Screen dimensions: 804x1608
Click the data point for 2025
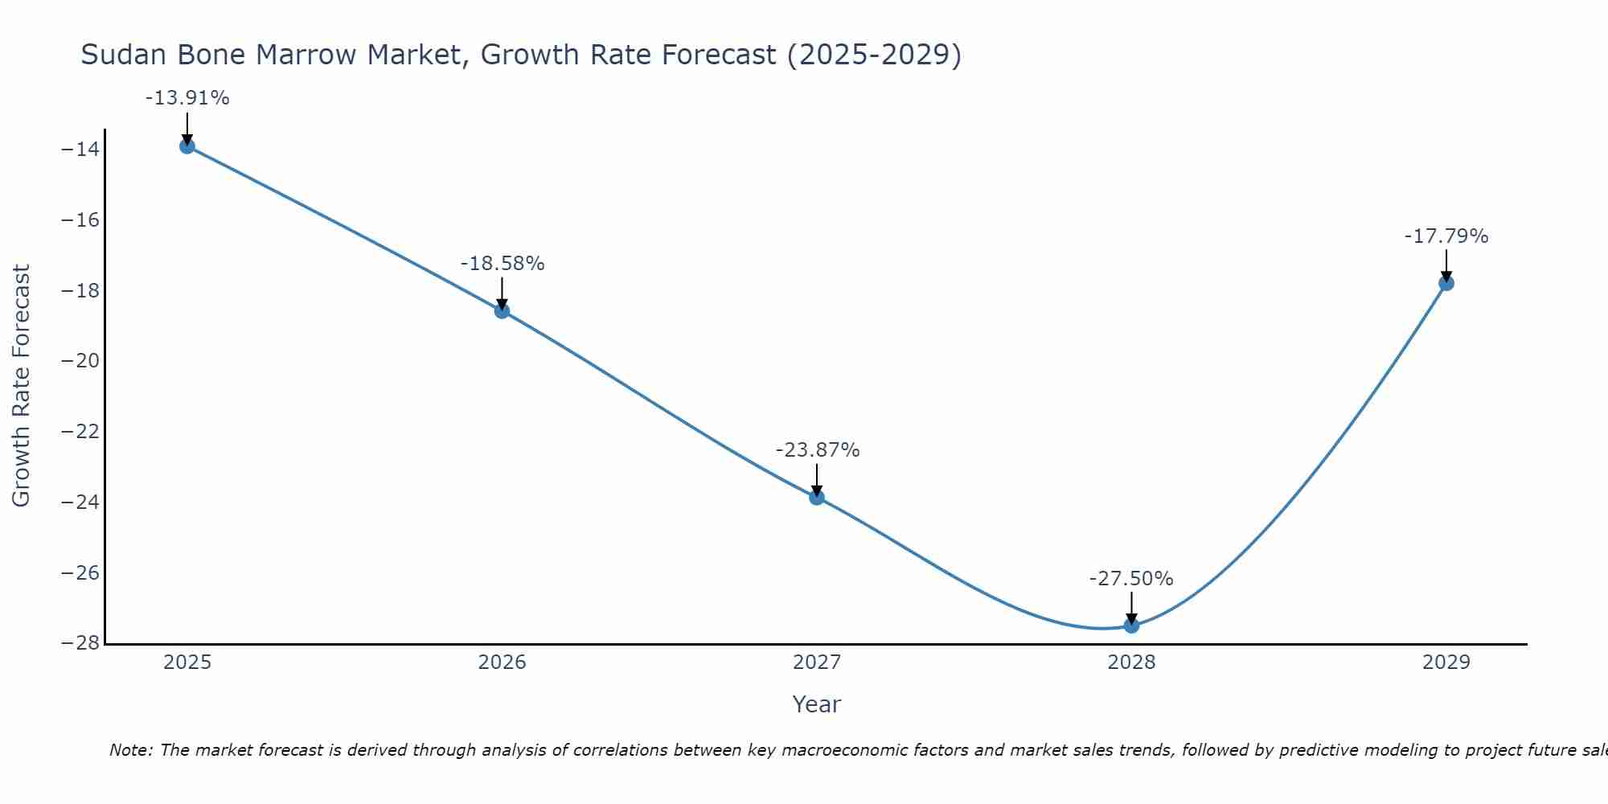click(187, 146)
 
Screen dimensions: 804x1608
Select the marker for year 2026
click(502, 311)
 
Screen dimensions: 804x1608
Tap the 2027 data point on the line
click(817, 498)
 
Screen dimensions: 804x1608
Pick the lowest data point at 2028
click(1131, 626)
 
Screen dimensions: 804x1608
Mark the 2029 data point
click(1446, 283)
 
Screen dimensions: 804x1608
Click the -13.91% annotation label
click(187, 98)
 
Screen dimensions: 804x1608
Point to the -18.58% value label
click(503, 264)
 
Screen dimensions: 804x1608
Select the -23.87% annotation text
click(818, 450)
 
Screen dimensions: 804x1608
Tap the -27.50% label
click(1131, 579)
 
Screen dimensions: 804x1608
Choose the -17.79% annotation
click(1446, 236)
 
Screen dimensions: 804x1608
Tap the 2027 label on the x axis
click(817, 662)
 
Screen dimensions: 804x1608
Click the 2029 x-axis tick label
click(1446, 662)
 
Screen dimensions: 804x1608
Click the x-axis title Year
click(817, 704)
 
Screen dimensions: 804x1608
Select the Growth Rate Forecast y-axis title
click(22, 386)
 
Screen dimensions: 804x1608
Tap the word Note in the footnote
click(129, 750)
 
